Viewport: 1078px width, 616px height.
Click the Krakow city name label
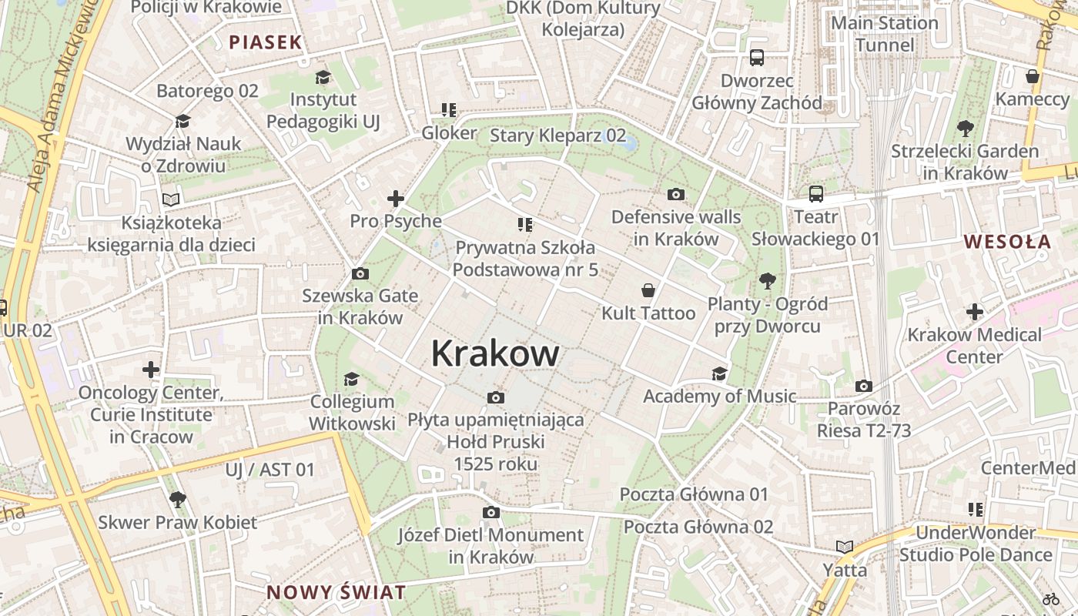tap(495, 353)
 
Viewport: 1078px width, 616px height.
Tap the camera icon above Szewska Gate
tap(360, 274)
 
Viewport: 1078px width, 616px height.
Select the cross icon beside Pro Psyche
tap(396, 199)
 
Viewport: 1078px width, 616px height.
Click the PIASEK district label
tap(266, 42)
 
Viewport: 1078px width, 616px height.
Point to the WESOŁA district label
tap(1007, 242)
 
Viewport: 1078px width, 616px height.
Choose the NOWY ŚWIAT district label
tap(336, 593)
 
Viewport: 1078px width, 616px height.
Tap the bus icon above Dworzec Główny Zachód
tap(757, 58)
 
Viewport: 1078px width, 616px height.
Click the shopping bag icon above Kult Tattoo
tap(648, 290)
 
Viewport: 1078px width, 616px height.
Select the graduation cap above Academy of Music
tap(719, 373)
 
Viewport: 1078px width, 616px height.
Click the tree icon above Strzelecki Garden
tap(965, 129)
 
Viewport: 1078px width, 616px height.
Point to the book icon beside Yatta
tap(845, 547)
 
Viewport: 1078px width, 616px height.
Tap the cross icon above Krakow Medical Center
tap(975, 312)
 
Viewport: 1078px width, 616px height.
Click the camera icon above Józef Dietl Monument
tap(490, 513)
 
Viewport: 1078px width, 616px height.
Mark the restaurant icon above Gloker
tap(449, 111)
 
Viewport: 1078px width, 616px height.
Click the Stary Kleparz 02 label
tap(558, 136)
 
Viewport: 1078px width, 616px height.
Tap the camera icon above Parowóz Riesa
tap(864, 386)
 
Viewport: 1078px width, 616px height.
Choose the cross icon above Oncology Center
tap(151, 370)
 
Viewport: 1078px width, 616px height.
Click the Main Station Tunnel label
tap(885, 34)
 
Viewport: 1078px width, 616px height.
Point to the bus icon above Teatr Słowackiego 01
tap(815, 194)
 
